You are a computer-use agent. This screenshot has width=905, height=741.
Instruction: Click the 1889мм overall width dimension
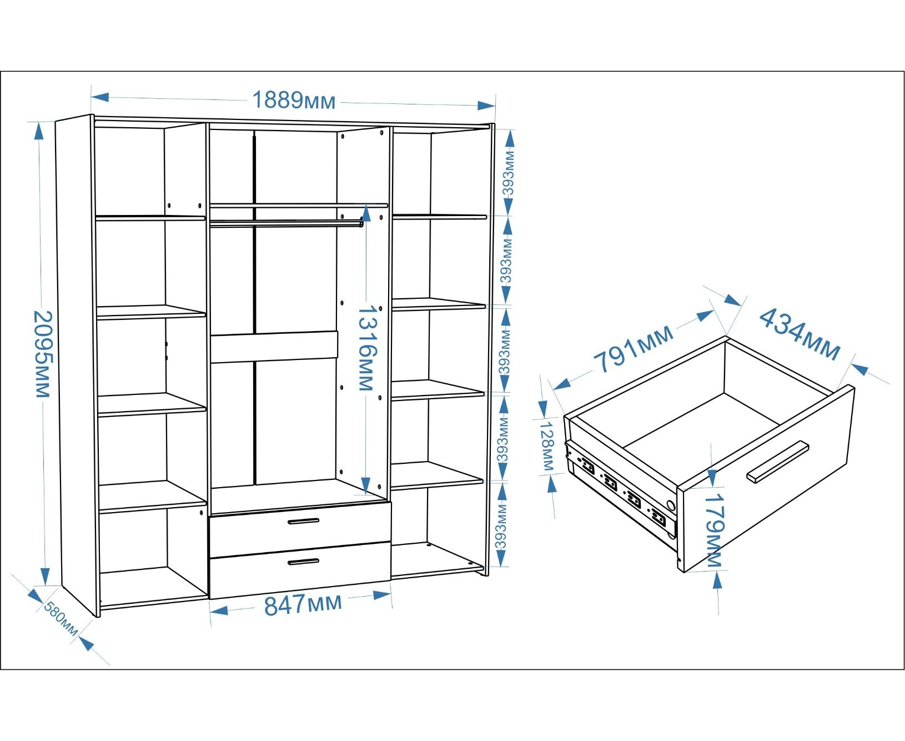[294, 101]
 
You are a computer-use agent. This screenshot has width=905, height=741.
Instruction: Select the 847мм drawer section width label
[303, 604]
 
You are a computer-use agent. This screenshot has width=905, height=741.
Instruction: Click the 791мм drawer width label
[633, 348]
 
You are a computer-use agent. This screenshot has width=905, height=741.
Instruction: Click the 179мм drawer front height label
[714, 530]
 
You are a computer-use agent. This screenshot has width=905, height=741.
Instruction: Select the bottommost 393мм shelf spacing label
[501, 525]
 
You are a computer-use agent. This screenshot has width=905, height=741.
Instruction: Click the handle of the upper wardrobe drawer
[304, 521]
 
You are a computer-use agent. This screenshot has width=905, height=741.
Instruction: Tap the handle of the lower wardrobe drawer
[304, 562]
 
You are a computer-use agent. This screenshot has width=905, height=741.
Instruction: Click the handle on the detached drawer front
[777, 461]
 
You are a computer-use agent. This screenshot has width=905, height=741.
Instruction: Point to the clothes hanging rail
[286, 223]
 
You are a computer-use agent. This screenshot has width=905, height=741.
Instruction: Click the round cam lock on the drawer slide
[671, 506]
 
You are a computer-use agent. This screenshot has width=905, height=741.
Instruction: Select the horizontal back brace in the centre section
[274, 347]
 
